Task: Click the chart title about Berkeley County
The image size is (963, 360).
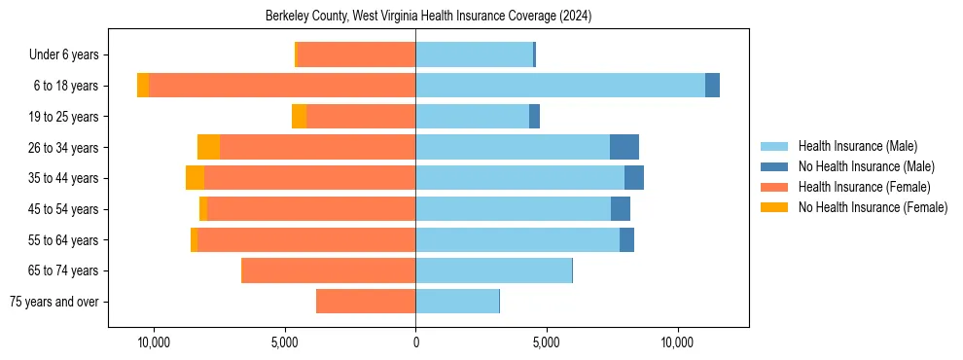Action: pyautogui.click(x=428, y=17)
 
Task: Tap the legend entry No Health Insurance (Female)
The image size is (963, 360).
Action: pyautogui.click(x=873, y=207)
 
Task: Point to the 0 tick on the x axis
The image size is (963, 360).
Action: pyautogui.click(x=415, y=342)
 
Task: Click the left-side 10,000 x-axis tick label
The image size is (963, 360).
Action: pyautogui.click(x=154, y=342)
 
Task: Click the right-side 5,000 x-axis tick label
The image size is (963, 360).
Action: pyautogui.click(x=547, y=342)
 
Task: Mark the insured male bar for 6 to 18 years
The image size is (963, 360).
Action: pyautogui.click(x=560, y=86)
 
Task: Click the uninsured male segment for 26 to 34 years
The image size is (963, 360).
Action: pyautogui.click(x=624, y=147)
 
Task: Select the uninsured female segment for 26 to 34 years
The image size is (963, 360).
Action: pyautogui.click(x=208, y=147)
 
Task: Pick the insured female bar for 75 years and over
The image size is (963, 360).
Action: pyautogui.click(x=366, y=302)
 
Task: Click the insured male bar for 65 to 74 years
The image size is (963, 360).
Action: pyautogui.click(x=493, y=270)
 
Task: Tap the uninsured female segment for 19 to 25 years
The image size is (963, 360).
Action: pyautogui.click(x=299, y=116)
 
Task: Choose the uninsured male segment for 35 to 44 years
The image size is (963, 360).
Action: pyautogui.click(x=634, y=178)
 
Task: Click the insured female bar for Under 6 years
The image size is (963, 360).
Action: pyautogui.click(x=356, y=54)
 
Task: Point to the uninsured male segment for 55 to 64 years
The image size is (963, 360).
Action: pyautogui.click(x=626, y=239)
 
